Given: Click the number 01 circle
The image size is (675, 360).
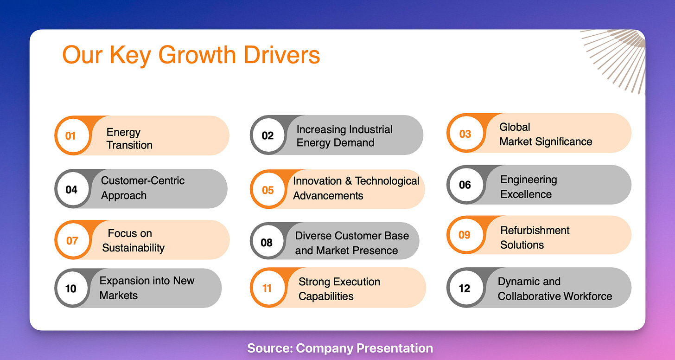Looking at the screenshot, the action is point(73,135).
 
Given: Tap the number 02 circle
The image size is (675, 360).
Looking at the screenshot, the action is point(268,135).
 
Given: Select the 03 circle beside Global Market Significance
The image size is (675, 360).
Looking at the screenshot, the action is point(466,133).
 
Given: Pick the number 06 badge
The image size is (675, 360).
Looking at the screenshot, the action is point(466,185).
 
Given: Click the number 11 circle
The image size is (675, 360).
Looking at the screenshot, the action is point(268,288).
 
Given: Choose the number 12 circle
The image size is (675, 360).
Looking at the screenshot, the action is point(466,288).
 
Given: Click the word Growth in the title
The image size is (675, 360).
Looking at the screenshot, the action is point(197,55).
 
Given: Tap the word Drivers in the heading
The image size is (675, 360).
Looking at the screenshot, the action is point(282,55).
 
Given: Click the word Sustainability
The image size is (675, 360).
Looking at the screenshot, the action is point(133,248).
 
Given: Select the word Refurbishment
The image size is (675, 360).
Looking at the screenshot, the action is point(535,231).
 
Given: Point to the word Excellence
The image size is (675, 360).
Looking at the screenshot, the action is point(526,194).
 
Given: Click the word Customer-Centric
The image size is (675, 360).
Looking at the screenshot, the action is point(142,180).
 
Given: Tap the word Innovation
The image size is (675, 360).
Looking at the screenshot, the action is point(317,181).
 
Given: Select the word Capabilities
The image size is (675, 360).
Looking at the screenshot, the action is point(326,296).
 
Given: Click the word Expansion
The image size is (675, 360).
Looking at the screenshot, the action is point(125,281).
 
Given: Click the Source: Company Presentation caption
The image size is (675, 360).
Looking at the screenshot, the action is point(340,348).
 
